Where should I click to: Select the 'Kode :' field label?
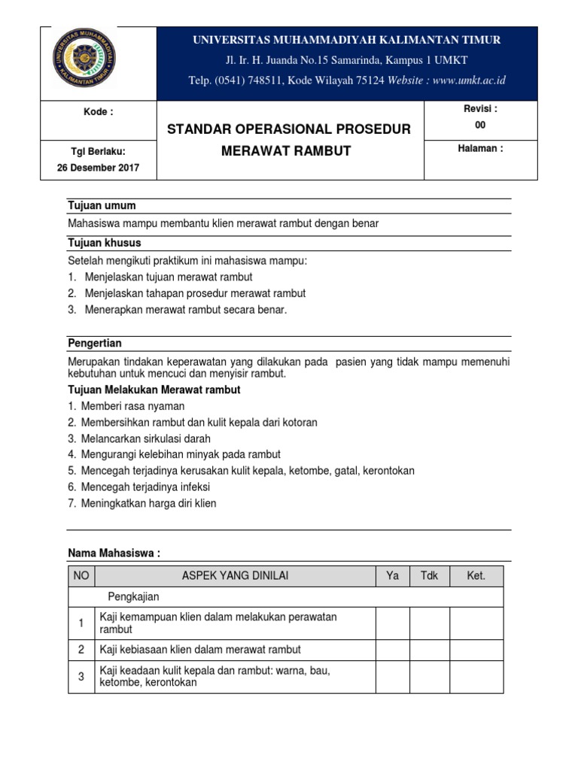click(98, 112)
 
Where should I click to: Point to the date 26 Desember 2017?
click(98, 168)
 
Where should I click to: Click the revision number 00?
click(480, 126)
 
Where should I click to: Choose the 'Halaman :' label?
click(480, 148)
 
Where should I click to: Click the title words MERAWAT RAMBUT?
click(286, 150)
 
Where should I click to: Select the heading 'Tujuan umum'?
click(102, 206)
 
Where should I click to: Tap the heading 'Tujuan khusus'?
click(104, 243)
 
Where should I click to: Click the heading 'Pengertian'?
click(96, 343)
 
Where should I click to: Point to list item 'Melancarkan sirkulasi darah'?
click(146, 438)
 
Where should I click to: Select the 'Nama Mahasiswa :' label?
click(114, 553)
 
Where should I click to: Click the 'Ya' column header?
click(392, 576)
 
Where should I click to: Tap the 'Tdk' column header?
click(429, 576)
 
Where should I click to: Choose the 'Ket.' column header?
click(476, 576)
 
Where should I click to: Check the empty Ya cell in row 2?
click(392, 650)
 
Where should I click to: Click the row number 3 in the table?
click(81, 677)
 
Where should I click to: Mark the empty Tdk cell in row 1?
click(429, 623)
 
